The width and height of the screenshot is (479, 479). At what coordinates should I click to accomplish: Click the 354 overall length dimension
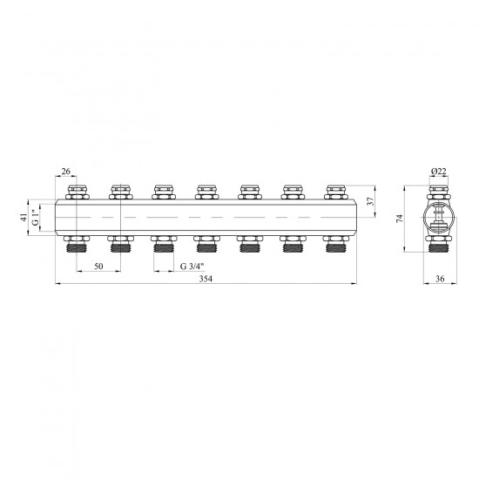click(x=206, y=279)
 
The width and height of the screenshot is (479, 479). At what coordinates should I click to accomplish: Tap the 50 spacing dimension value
click(x=98, y=266)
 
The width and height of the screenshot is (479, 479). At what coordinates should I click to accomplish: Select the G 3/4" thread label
click(x=192, y=266)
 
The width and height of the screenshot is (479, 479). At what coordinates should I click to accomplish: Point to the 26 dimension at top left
click(x=65, y=171)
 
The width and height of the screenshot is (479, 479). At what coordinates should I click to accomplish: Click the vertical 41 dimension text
click(x=24, y=218)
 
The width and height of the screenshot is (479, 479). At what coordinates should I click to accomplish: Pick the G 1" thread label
click(x=36, y=218)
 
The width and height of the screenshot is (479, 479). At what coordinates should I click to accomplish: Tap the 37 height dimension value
click(x=370, y=201)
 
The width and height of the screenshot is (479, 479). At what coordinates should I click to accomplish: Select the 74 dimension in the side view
click(x=400, y=219)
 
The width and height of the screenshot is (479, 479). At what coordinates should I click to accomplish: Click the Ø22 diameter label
click(x=439, y=172)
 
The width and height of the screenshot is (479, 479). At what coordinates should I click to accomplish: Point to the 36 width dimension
click(x=440, y=279)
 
